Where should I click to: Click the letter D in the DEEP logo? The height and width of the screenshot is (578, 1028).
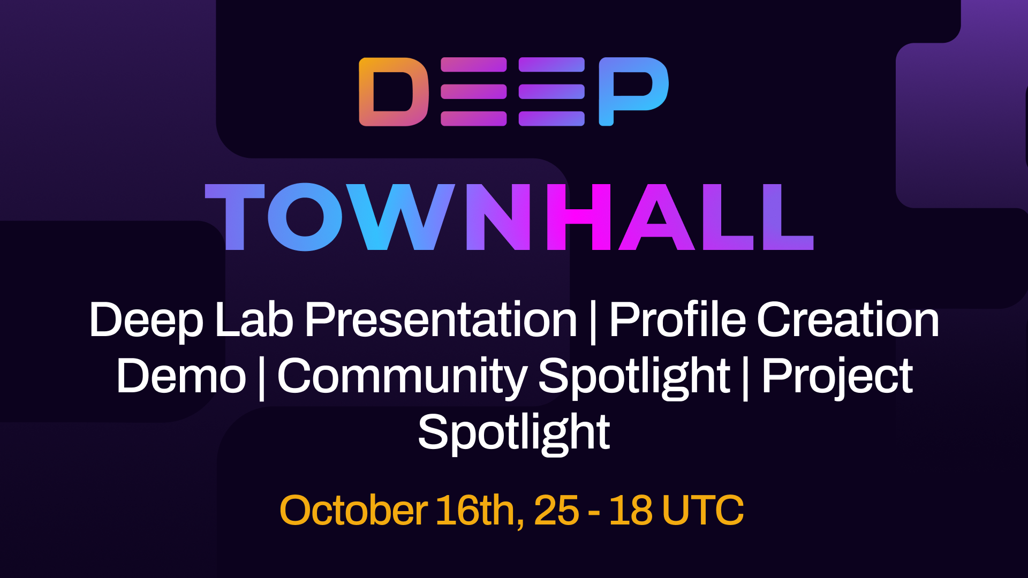[394, 92]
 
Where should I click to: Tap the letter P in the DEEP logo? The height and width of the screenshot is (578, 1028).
[633, 91]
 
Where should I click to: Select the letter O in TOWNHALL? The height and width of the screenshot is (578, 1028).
[305, 217]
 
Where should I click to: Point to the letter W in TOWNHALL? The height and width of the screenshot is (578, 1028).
[400, 217]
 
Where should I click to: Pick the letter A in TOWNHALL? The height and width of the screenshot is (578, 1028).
[656, 217]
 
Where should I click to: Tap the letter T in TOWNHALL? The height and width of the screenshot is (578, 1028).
[235, 217]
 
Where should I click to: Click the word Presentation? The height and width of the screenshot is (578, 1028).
[441, 320]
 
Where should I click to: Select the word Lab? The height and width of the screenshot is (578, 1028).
[254, 320]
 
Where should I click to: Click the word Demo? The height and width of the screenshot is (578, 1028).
[181, 376]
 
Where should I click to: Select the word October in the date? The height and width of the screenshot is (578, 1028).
[353, 510]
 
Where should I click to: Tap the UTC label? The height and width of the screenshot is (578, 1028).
[702, 510]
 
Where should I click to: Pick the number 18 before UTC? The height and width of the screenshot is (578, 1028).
[630, 510]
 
